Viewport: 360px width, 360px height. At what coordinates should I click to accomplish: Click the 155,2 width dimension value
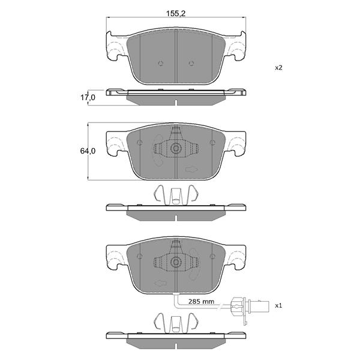(176, 14)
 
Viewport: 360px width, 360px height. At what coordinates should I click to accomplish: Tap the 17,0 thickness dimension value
(88, 98)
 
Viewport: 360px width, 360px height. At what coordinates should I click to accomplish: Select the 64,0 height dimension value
(88, 151)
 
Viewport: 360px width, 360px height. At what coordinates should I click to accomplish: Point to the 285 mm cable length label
(201, 301)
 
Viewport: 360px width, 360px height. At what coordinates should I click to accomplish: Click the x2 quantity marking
(278, 68)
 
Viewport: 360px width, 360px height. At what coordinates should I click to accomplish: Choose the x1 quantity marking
(278, 305)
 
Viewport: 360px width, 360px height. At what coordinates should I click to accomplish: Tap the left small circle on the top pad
(161, 63)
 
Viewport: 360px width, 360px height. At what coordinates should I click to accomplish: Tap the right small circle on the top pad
(191, 63)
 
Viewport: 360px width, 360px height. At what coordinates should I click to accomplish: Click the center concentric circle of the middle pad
(176, 148)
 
